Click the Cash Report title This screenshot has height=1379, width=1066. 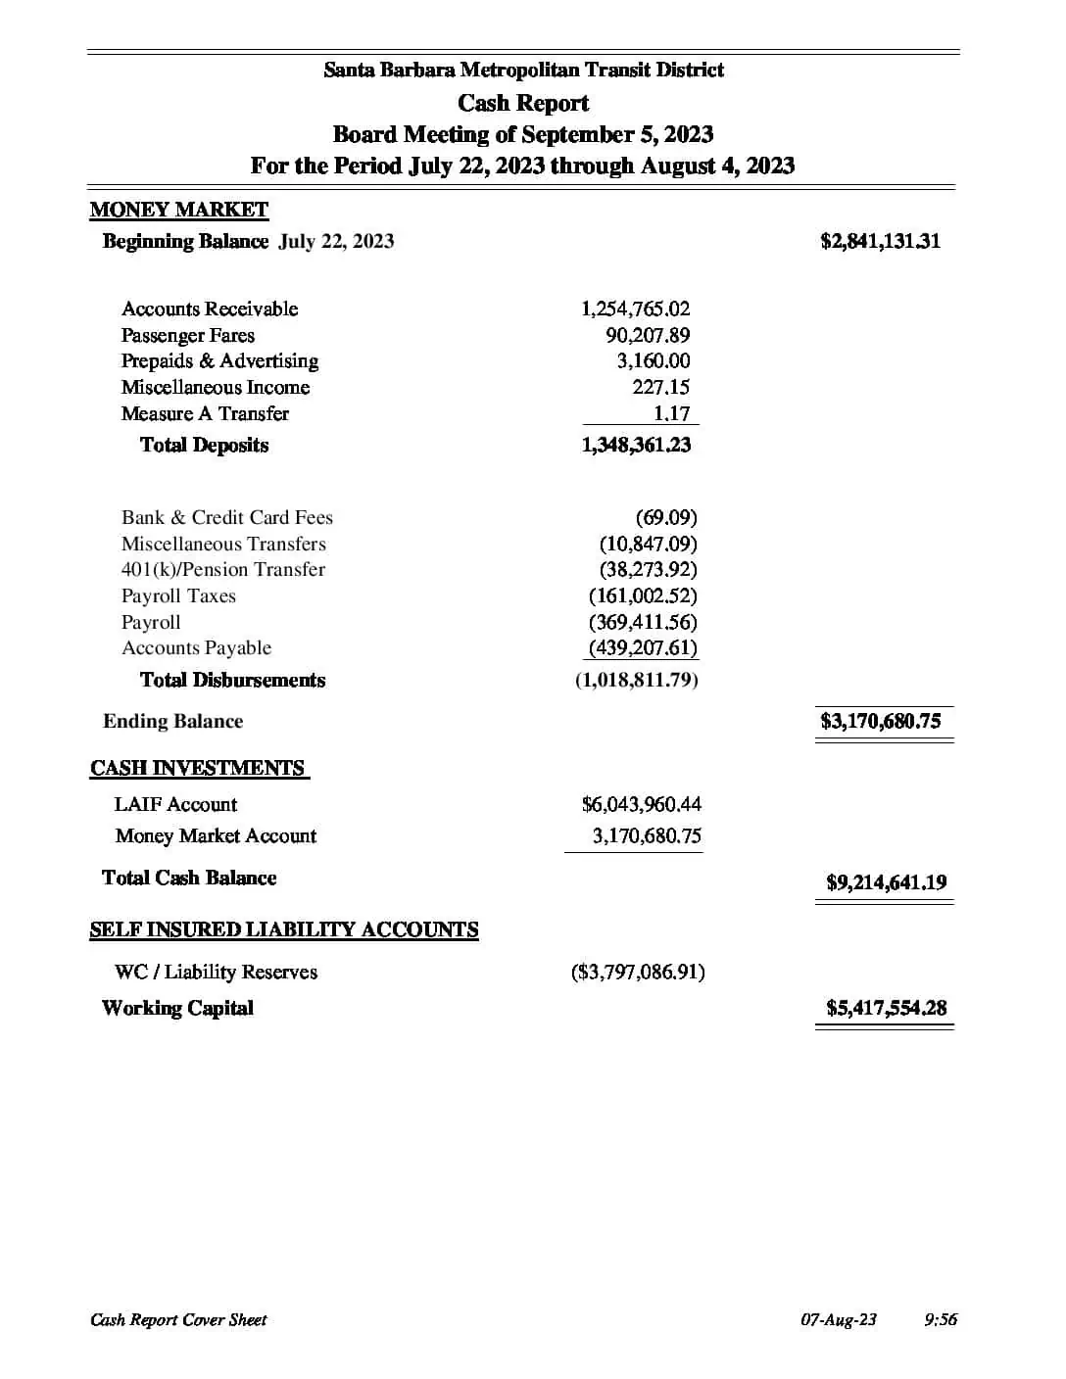coord(523,103)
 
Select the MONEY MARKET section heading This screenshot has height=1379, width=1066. coord(178,210)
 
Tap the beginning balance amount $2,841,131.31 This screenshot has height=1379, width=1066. coord(880,241)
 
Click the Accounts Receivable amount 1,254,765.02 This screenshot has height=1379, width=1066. coord(635,309)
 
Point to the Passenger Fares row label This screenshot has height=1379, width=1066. coord(187,335)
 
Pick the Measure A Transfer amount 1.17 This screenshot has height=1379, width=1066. coord(672,413)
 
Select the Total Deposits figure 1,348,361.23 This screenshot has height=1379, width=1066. coord(636,445)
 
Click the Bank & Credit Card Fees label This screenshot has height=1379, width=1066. coord(226,517)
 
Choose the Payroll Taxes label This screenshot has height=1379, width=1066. coord(178,595)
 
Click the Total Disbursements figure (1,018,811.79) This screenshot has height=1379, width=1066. coord(637,680)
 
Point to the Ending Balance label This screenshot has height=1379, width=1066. coord(172,721)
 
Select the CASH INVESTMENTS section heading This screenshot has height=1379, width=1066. coord(198,768)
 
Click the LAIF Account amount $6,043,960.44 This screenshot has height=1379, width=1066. coord(641,804)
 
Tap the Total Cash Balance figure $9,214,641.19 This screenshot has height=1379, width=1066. coord(886,882)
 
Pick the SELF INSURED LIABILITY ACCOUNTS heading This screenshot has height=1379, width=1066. coord(284,929)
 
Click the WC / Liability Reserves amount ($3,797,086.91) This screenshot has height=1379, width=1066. coord(638,972)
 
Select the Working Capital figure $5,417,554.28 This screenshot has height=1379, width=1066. coord(886,1008)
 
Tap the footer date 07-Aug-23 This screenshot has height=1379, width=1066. coord(838,1319)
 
